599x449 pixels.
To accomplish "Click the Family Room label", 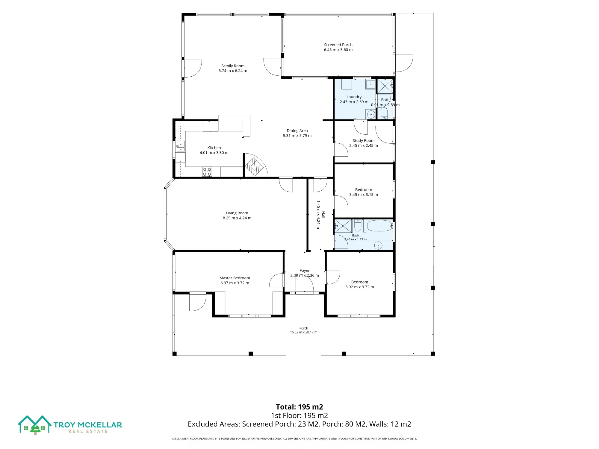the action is [233, 66].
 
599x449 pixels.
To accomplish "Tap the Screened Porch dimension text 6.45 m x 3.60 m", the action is [338, 50].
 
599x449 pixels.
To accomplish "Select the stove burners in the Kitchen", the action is [207, 172].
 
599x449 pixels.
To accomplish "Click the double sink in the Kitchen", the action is [180, 146].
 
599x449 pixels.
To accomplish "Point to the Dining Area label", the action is [297, 131].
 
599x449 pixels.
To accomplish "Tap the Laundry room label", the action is [354, 97].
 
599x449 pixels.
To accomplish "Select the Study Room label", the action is [364, 140].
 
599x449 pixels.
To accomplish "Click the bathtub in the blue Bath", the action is [379, 226].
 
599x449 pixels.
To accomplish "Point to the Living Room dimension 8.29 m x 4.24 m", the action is [237, 218].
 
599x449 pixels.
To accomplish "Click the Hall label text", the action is [323, 215].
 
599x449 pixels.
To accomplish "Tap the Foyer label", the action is [305, 270].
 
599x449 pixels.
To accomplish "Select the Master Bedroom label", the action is [235, 278].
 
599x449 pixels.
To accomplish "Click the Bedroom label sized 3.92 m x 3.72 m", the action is [360, 282].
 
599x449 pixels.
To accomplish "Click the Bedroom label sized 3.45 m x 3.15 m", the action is [364, 189].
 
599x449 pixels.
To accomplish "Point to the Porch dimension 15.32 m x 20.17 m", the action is [304, 332].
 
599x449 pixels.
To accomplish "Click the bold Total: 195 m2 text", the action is [299, 407].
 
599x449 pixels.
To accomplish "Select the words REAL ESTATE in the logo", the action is [88, 431].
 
